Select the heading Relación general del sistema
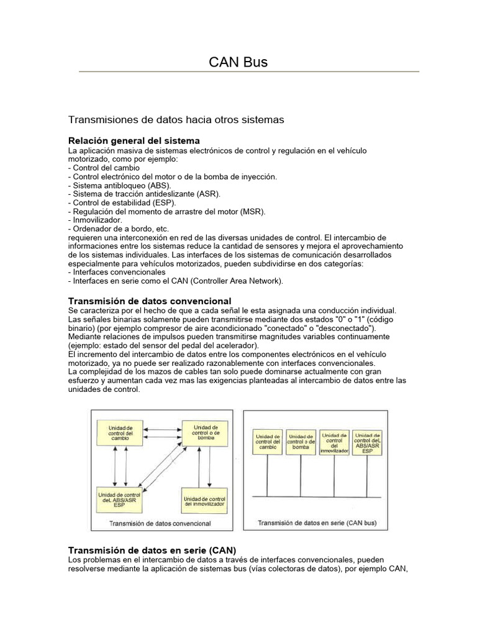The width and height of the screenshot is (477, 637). coord(134,141)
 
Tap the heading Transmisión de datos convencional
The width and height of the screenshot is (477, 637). coord(149,301)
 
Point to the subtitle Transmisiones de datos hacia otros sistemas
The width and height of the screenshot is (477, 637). coord(176,118)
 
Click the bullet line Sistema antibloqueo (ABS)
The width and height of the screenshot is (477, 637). coord(121,185)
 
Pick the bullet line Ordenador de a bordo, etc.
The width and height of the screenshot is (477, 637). coord(118,229)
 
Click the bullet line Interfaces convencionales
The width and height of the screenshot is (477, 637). coord(117,272)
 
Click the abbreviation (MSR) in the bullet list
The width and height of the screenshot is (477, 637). coord(253,212)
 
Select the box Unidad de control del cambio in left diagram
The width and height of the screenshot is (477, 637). coord(120,433)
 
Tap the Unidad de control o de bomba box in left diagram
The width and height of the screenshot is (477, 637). coord(205,432)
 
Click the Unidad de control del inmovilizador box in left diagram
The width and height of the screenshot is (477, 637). coord(205,500)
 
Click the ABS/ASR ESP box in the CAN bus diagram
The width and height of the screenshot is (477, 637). coord(366,442)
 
